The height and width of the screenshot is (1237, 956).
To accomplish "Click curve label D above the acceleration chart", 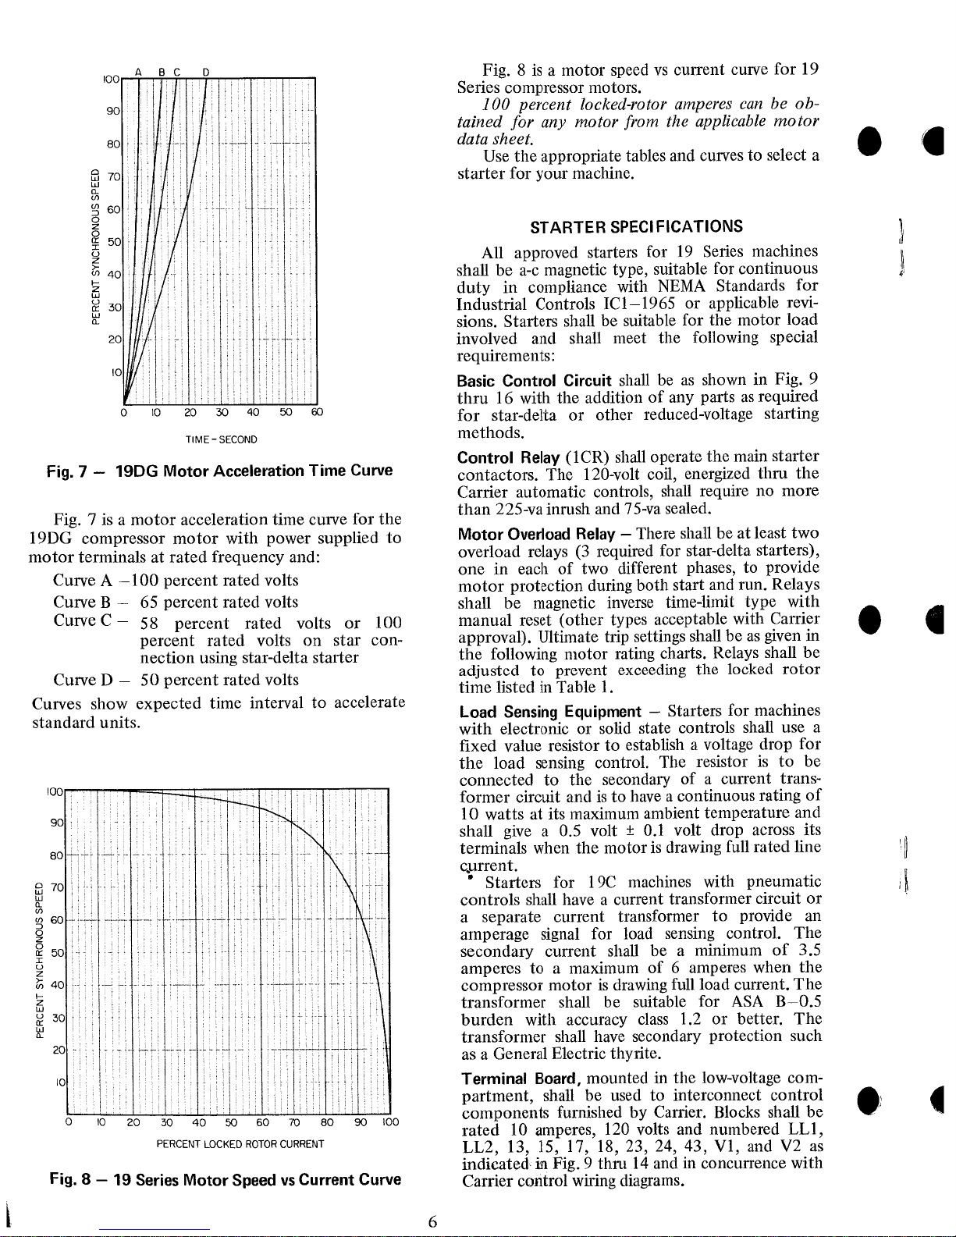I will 204,73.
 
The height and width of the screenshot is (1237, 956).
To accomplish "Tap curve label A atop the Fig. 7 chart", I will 137,73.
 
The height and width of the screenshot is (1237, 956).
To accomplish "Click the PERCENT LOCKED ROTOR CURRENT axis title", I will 240,1145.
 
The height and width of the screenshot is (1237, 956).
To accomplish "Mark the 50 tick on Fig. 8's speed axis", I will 56,953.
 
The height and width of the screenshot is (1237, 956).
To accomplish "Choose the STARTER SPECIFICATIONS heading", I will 637,227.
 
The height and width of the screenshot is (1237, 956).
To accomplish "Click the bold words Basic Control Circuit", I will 535,381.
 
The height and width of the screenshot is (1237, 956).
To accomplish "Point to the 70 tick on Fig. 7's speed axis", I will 112,177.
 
